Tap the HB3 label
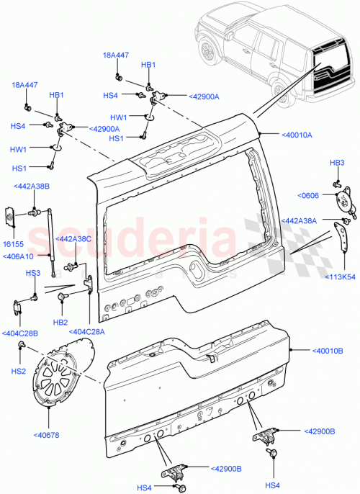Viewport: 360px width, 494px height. coord(337,163)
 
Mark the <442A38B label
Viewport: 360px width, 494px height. coord(31,187)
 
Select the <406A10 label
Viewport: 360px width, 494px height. coord(19,256)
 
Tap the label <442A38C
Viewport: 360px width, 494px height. coord(74,238)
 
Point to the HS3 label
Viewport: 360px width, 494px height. coord(33,273)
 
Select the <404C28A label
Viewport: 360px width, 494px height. coord(88,331)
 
